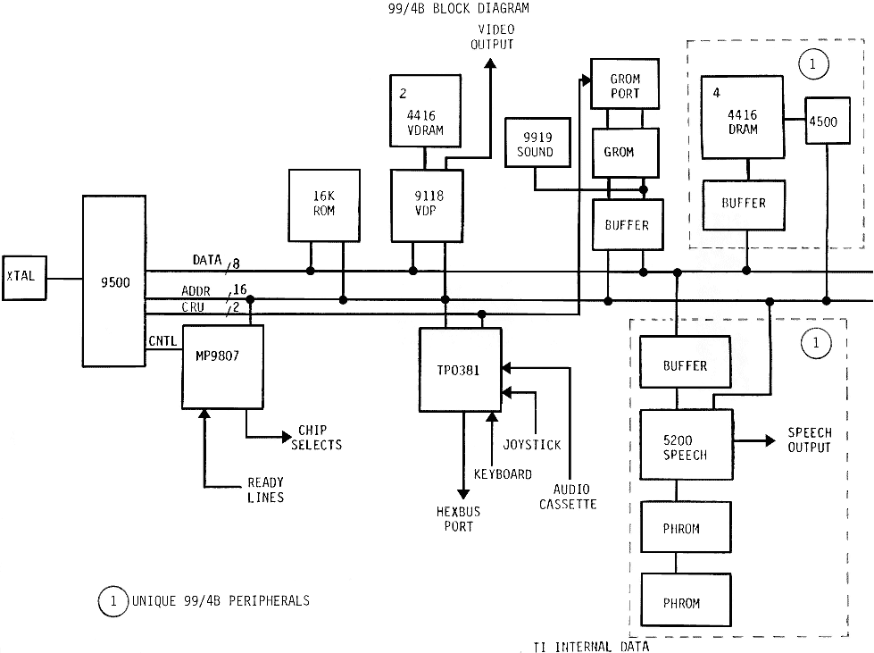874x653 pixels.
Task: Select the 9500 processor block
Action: tap(113, 281)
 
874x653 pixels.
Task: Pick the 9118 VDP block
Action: tap(427, 205)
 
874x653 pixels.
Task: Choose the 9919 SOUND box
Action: tap(535, 145)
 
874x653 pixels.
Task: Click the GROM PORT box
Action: tap(624, 86)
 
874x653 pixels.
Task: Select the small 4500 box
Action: tap(822, 121)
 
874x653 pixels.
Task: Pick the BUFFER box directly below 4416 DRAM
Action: tap(744, 204)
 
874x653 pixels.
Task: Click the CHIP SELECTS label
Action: tap(320, 438)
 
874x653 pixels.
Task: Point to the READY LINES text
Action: tap(265, 490)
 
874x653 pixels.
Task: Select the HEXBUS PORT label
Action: tap(454, 520)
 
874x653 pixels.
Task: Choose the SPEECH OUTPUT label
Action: tap(809, 440)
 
